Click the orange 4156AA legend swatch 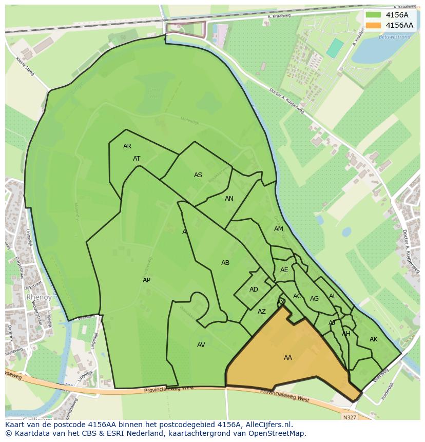click(374, 25)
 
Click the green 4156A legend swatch click(374, 15)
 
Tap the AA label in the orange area click(288, 358)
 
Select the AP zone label click(147, 280)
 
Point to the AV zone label click(201, 345)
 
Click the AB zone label click(225, 263)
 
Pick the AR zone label click(127, 146)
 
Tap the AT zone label click(137, 159)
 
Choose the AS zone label click(198, 175)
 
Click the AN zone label click(229, 199)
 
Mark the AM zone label click(279, 229)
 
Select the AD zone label click(254, 290)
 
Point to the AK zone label click(374, 339)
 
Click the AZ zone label click(262, 312)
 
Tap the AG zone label click(315, 299)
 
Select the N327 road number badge click(350, 417)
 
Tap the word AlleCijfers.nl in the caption click(267, 425)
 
